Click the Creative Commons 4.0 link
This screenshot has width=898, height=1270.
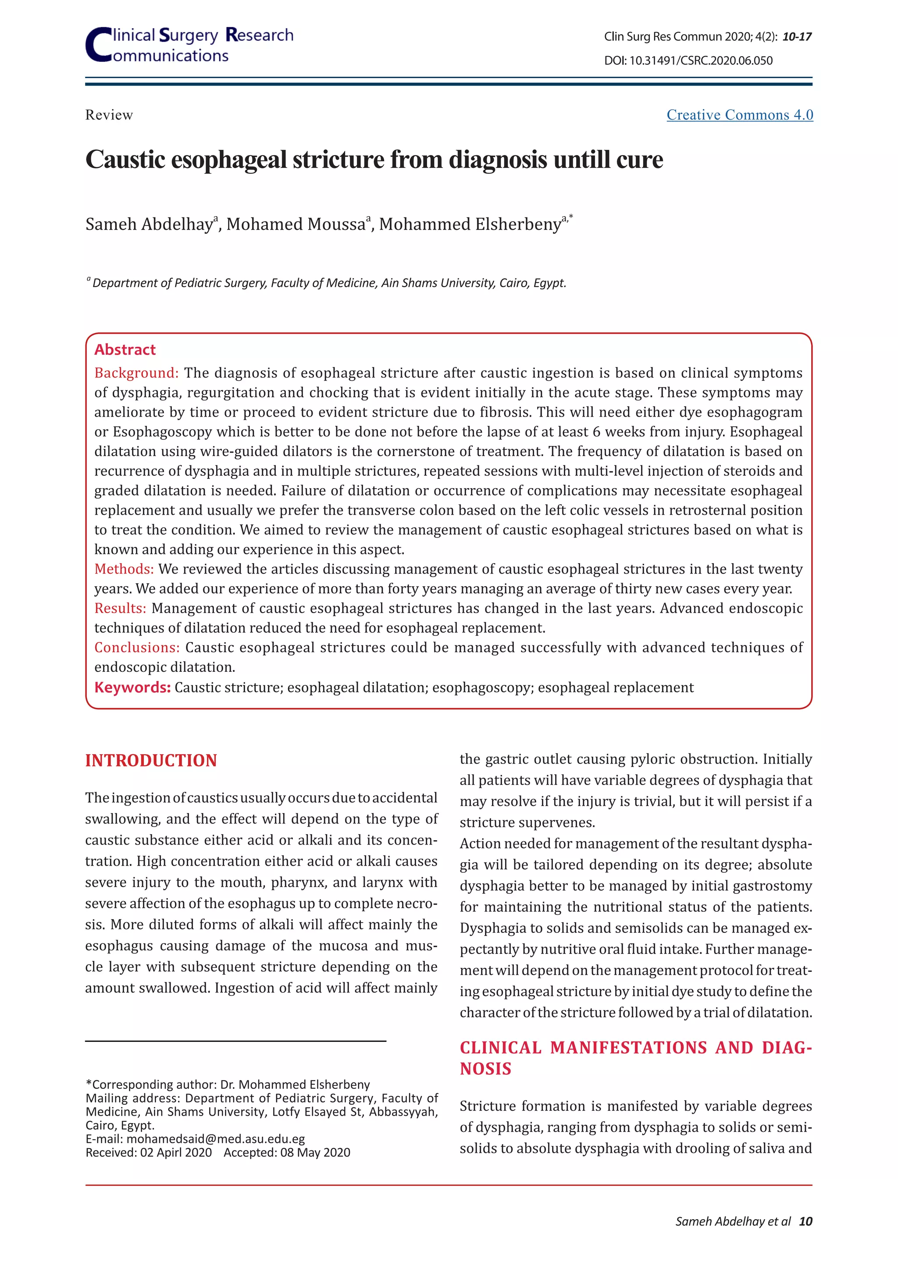739,115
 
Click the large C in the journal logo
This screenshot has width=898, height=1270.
98,45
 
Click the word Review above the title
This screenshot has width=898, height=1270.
109,115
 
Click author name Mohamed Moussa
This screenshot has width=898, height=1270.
296,225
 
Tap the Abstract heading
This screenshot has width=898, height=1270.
125,350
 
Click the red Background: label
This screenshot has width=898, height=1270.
136,373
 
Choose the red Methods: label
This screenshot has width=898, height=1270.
124,569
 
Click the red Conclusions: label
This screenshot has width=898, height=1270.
136,648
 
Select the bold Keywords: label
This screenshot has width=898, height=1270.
132,688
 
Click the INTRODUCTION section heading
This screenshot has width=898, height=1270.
151,760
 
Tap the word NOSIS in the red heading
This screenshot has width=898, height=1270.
485,1069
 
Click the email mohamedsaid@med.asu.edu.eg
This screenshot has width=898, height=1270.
216,1139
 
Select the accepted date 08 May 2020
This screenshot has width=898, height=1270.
315,1153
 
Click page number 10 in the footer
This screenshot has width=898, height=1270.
805,1221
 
